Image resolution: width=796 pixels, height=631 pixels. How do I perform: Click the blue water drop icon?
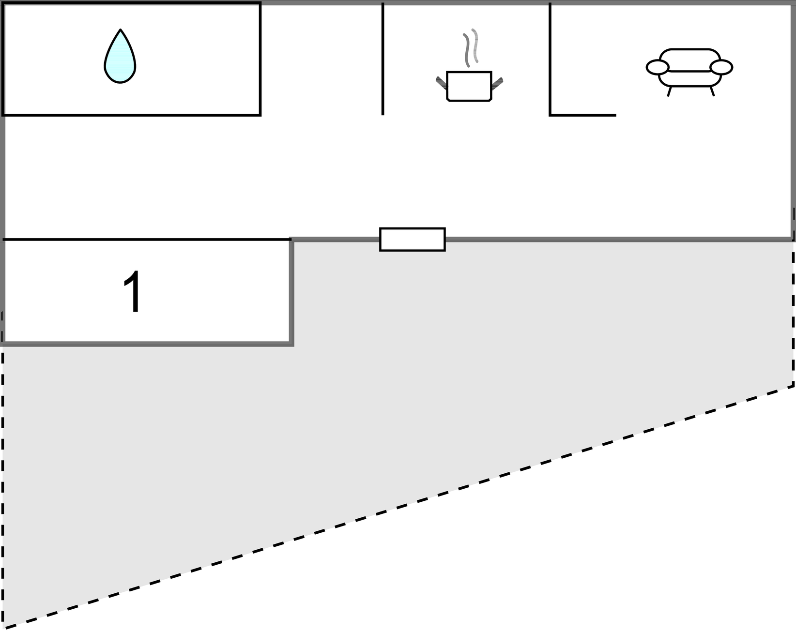pos(120,60)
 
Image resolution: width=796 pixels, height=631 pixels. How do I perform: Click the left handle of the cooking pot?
pos(441,83)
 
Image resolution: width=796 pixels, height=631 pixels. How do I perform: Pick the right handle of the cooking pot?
pos(497,83)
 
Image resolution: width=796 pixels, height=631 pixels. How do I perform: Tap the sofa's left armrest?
pos(658,67)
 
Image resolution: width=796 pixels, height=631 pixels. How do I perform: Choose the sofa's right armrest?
pos(721,67)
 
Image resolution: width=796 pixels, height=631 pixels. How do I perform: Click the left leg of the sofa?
pos(669,91)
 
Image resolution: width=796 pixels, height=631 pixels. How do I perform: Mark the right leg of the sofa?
pos(712,91)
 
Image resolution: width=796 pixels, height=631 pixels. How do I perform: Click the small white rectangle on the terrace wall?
pos(412,239)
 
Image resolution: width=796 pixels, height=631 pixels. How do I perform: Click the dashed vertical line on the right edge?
pos(793,315)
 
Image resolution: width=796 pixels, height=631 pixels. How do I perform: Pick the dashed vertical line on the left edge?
pos(3,484)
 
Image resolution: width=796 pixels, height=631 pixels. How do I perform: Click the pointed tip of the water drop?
pos(120,30)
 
